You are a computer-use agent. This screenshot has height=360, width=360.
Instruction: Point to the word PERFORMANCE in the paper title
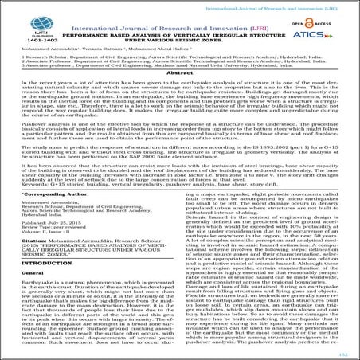[98, 37]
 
